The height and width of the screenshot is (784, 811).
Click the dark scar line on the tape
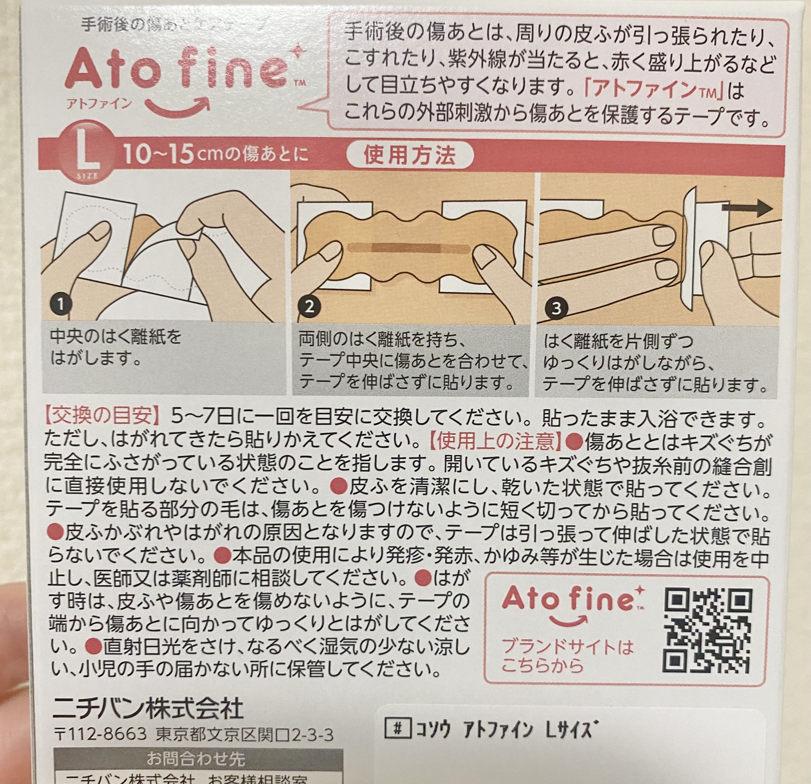[408, 248]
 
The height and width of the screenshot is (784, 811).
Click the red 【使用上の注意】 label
[495, 441]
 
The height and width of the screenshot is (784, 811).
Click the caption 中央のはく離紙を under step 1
[116, 337]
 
